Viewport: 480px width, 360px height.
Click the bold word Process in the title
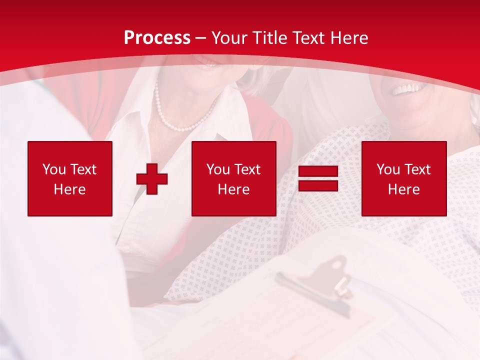tap(157, 38)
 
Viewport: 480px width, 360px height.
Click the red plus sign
tap(152, 179)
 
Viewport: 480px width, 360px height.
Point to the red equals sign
tap(318, 179)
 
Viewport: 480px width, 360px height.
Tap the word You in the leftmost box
tap(54, 169)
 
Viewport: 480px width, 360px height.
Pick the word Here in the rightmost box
tap(404, 189)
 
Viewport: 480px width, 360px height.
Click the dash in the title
tap(200, 38)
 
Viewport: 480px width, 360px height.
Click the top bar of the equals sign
tap(318, 171)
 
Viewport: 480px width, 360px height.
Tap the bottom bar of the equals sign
tap(318, 186)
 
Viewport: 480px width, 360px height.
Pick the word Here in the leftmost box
tap(70, 189)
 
